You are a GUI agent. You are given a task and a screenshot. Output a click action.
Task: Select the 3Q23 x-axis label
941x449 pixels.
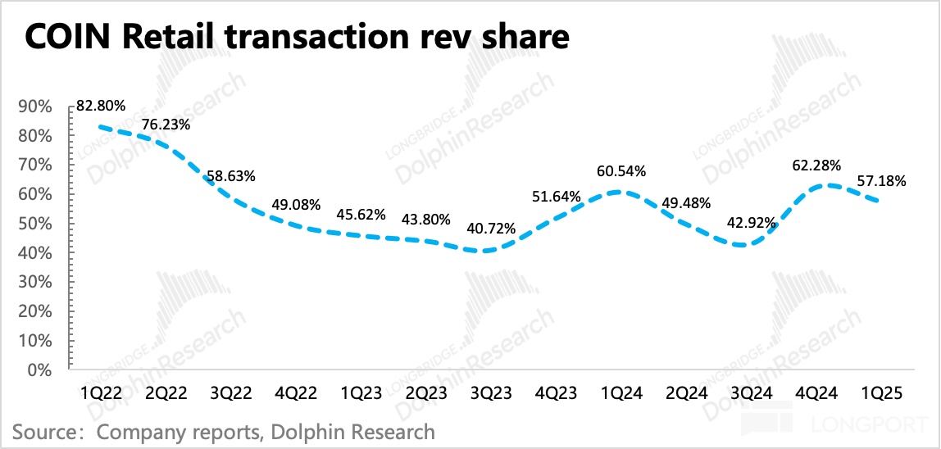coord(489,393)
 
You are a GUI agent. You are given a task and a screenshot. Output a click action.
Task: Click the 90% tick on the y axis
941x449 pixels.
coord(36,107)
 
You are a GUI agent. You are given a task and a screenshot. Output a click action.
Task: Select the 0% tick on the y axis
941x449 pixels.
coord(40,370)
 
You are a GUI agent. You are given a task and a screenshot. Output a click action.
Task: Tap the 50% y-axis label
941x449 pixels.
coord(36,224)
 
